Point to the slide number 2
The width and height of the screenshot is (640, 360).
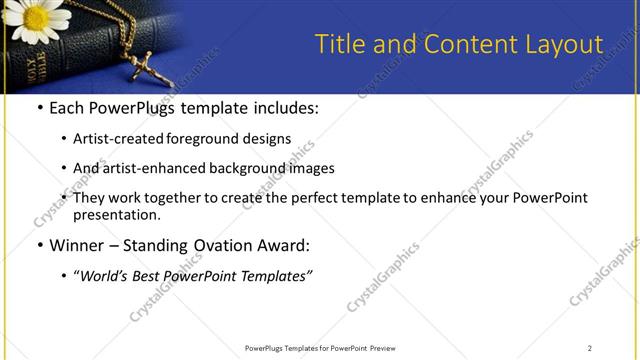click(589, 347)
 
